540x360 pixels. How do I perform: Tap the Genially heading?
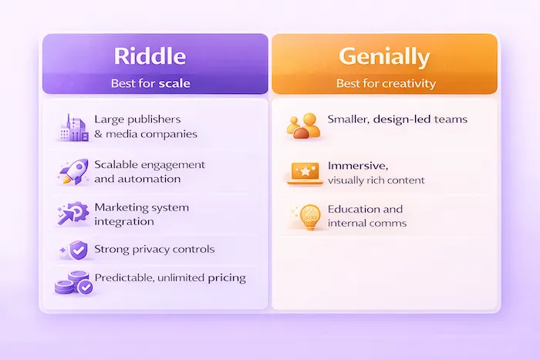[x=384, y=56]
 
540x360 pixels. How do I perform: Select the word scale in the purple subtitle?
[x=174, y=82]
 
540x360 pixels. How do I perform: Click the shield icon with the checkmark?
[x=77, y=250]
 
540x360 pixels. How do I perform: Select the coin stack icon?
[x=73, y=283]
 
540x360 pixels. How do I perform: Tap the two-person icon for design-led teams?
[x=302, y=126]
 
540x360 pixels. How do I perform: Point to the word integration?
[x=123, y=222]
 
